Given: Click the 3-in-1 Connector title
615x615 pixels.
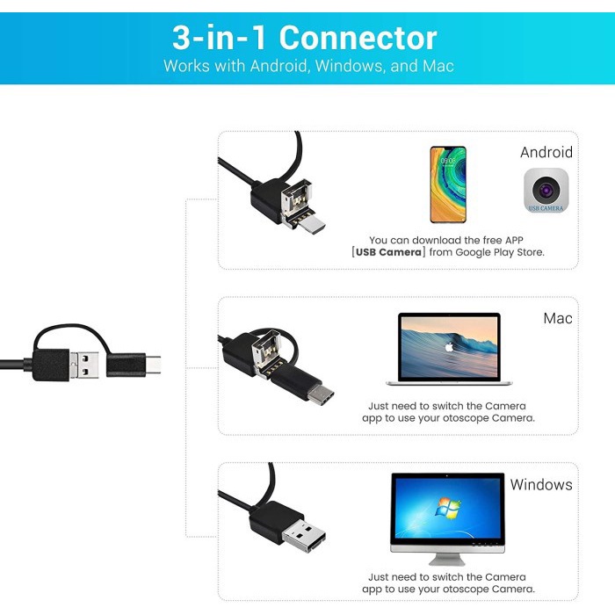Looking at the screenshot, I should coord(304,38).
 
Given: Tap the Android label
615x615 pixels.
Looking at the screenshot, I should coord(546,152).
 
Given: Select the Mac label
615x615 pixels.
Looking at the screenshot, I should coord(558,318).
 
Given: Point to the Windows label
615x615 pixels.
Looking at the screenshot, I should coord(541,484).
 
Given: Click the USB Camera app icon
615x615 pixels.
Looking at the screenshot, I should coord(546,190).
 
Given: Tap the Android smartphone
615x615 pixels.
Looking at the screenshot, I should coord(448,184).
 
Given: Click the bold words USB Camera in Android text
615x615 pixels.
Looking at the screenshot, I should coord(388,252).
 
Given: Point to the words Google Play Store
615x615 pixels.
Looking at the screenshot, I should coord(503,252).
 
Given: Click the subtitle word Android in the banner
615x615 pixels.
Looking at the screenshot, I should coord(279,66).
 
